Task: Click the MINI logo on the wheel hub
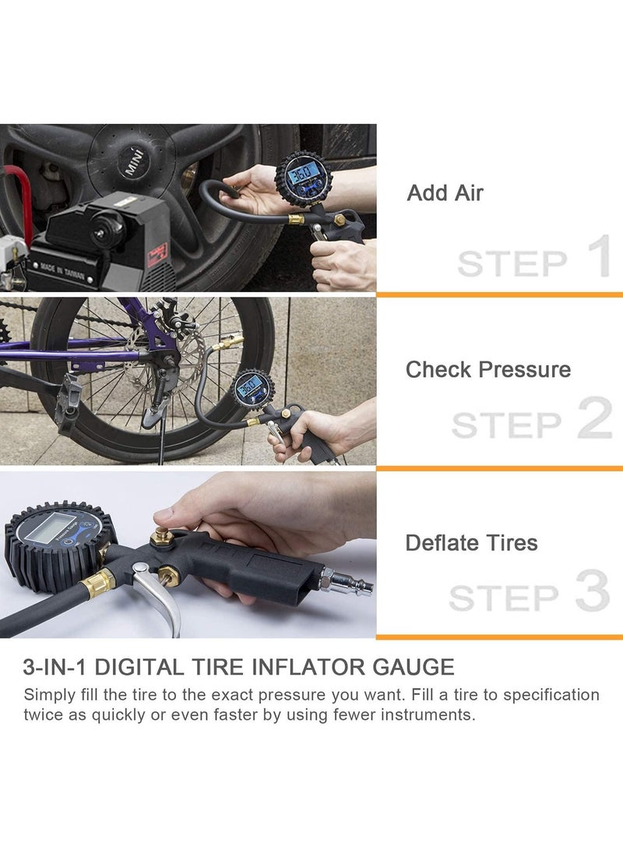[136, 161]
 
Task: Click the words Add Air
[445, 193]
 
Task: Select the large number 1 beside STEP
[599, 256]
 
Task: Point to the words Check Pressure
[488, 370]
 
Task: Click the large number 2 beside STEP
[594, 417]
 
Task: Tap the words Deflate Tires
[471, 542]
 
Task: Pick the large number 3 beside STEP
[593, 591]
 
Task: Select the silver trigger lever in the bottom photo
[157, 595]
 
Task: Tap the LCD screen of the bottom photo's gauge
[50, 528]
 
